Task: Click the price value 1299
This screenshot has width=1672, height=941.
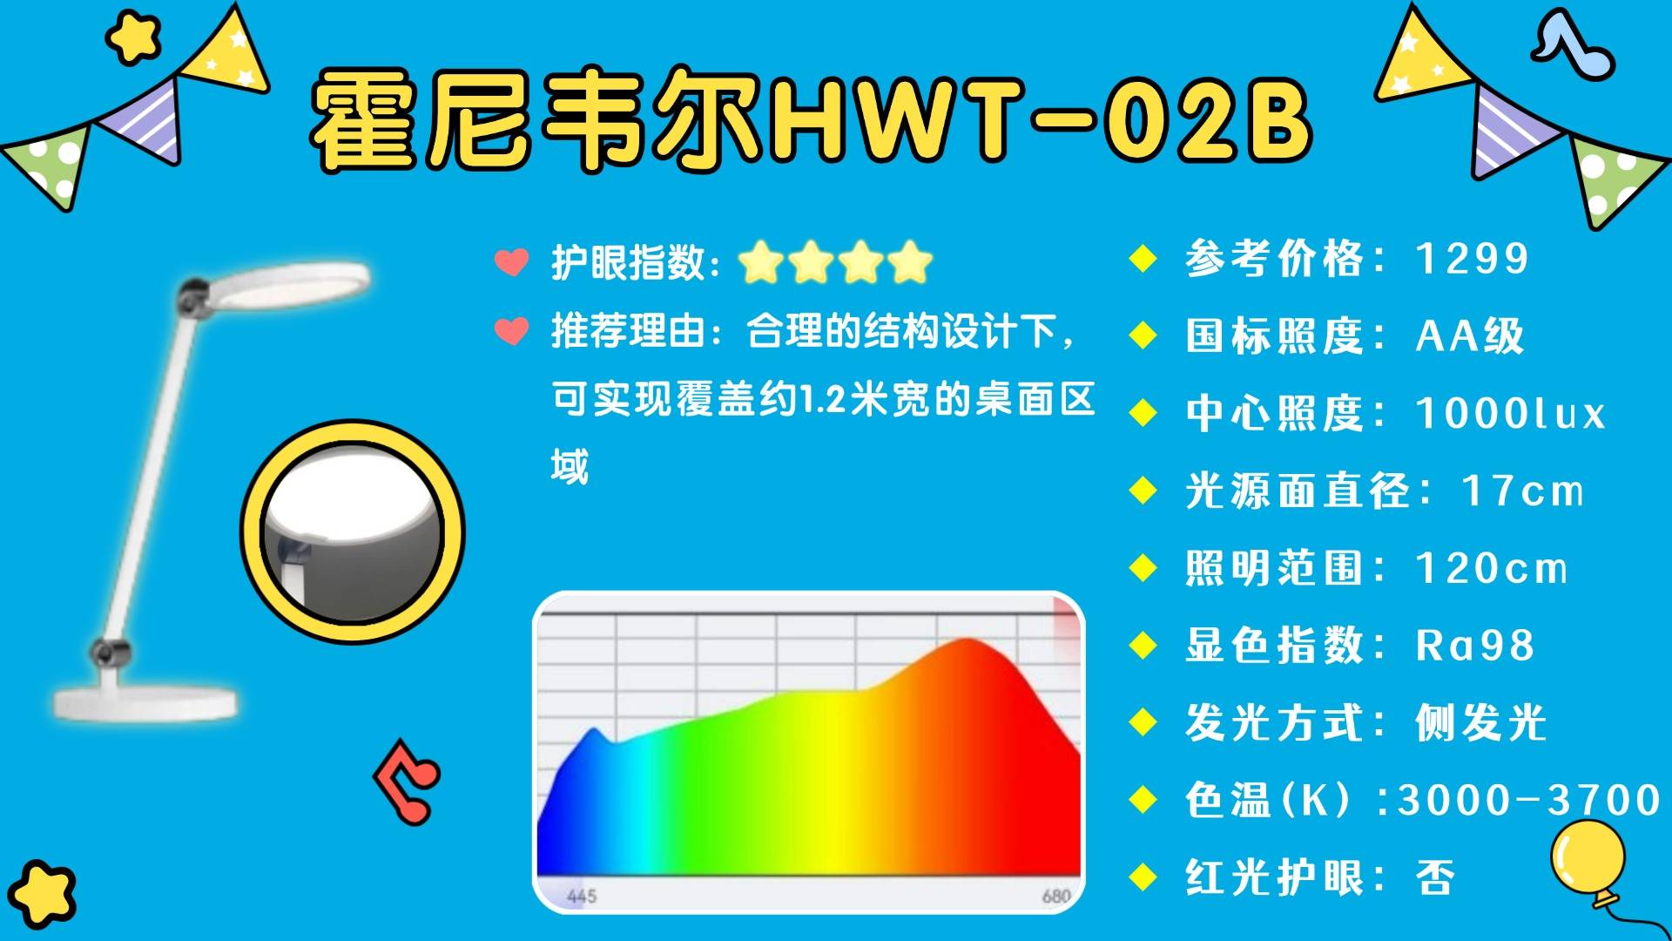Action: (x=1472, y=259)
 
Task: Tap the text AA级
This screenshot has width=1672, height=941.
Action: (x=1470, y=335)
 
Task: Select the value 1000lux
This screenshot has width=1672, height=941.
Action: (x=1510, y=413)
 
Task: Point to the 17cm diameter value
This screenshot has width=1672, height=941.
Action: (x=1522, y=491)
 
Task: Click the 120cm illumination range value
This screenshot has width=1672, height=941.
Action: (x=1492, y=568)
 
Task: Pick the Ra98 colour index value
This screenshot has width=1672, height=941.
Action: (x=1474, y=646)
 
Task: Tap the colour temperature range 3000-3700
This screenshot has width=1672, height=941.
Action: (x=1528, y=800)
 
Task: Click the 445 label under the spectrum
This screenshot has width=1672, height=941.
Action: (x=582, y=896)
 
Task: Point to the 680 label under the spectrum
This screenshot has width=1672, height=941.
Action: (x=1055, y=896)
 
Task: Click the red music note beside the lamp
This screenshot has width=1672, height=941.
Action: (x=406, y=780)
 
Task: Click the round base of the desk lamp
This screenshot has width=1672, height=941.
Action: (x=145, y=701)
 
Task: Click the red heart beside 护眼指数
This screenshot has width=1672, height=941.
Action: (x=511, y=262)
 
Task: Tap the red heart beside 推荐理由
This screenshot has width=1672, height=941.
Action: (x=511, y=331)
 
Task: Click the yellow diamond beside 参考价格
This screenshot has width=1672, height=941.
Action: (x=1143, y=259)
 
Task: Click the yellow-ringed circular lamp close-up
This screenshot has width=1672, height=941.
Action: (x=353, y=532)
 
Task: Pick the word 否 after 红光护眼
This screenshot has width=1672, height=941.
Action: (x=1435, y=877)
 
